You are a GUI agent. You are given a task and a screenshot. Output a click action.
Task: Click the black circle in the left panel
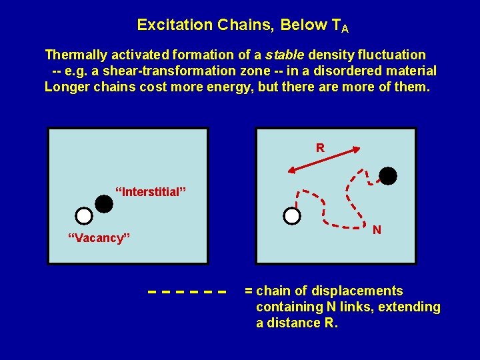pyautogui.click(x=104, y=203)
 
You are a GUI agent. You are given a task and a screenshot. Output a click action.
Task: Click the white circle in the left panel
pyautogui.click(x=83, y=216)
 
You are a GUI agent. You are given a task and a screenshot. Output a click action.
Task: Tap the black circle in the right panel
pyautogui.click(x=387, y=176)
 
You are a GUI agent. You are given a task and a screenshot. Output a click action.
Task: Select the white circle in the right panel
pyautogui.click(x=292, y=216)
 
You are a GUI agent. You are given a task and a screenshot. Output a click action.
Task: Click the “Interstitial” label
pyautogui.click(x=151, y=192)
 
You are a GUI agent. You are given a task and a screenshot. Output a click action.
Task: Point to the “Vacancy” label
pyautogui.click(x=99, y=238)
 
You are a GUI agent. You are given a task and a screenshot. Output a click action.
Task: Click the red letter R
pyautogui.click(x=320, y=147)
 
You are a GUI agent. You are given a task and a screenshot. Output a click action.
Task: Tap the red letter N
pyautogui.click(x=377, y=230)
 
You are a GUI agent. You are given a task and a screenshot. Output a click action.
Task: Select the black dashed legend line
pyautogui.click(x=187, y=292)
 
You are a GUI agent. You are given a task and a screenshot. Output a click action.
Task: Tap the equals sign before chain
pyautogui.click(x=249, y=291)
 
